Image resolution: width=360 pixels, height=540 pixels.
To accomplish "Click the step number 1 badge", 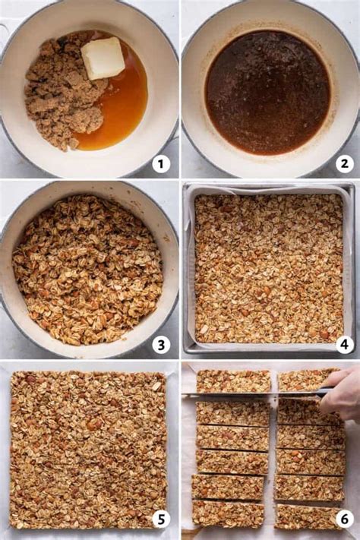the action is coord(161,163).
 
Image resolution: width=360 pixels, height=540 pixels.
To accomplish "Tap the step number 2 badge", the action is coord(345,163).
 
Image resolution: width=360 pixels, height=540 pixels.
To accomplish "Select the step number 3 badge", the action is coord(161,345).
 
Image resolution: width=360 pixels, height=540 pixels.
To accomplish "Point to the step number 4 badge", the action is coord(345,345).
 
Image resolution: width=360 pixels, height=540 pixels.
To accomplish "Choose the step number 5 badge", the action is coord(161,519).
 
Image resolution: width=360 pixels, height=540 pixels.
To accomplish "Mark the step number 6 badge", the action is coord(345,519).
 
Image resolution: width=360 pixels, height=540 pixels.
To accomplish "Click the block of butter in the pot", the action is coord(103,58).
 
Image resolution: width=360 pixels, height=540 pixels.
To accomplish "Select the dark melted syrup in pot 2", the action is coord(267,92).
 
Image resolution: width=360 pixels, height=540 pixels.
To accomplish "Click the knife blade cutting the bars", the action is coord(251,395).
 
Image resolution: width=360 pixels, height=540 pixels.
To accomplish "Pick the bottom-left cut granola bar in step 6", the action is coord(228,514).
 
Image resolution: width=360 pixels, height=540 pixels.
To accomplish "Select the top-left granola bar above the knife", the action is coord(234,381).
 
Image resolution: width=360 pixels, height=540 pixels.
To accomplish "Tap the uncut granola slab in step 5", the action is coord(88,450).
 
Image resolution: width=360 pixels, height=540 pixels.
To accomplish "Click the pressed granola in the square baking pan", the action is coord(270,269).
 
